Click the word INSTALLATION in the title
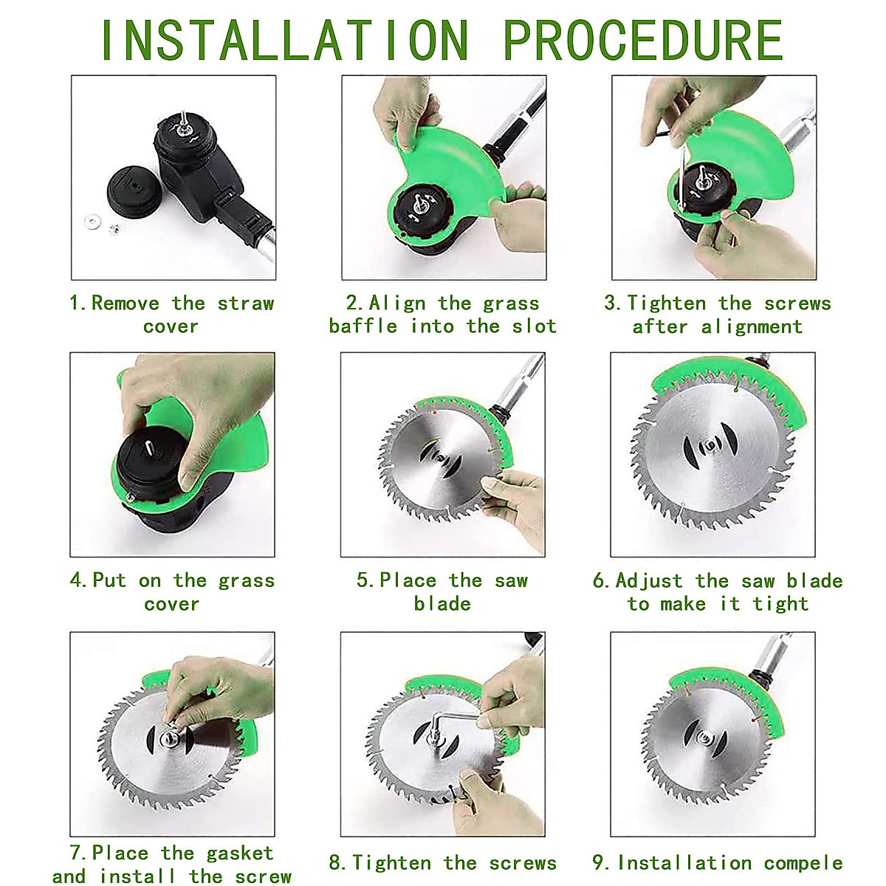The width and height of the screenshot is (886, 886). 284,41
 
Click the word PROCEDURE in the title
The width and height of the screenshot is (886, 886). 643,41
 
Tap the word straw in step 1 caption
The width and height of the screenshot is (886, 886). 246,303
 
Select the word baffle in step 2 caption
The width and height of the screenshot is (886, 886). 363,326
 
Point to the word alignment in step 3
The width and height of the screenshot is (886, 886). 752,328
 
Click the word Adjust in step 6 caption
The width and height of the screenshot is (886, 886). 649,581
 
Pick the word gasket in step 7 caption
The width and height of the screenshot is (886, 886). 240,839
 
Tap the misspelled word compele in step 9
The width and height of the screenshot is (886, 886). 803,850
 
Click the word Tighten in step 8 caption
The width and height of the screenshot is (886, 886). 392,850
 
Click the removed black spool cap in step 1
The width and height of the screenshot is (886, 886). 134,192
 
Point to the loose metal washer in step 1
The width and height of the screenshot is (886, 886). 94,222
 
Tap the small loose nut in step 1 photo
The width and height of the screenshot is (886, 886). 114,228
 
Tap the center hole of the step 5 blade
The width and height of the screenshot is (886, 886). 441,458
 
